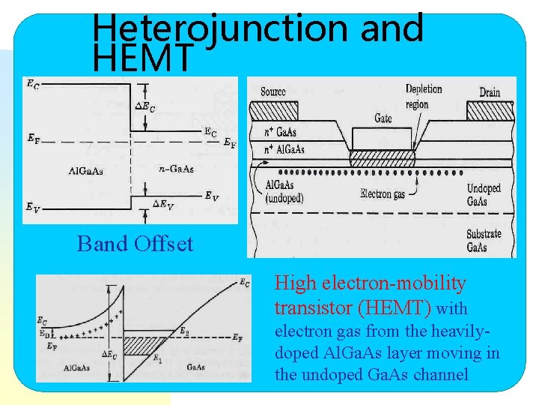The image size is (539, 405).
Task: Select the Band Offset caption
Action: [135, 244]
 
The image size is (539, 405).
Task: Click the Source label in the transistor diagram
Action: [273, 91]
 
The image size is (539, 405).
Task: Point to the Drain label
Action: [490, 92]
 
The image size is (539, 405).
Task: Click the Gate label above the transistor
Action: [383, 118]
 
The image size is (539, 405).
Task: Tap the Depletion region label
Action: [424, 97]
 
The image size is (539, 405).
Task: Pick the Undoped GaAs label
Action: [484, 195]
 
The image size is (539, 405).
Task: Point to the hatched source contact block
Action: [272, 110]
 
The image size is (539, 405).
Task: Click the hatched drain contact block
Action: [490, 110]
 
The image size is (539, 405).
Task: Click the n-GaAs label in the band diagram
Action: [177, 169]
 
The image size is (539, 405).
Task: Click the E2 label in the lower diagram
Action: [183, 331]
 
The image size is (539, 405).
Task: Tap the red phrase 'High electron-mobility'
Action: [371, 283]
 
